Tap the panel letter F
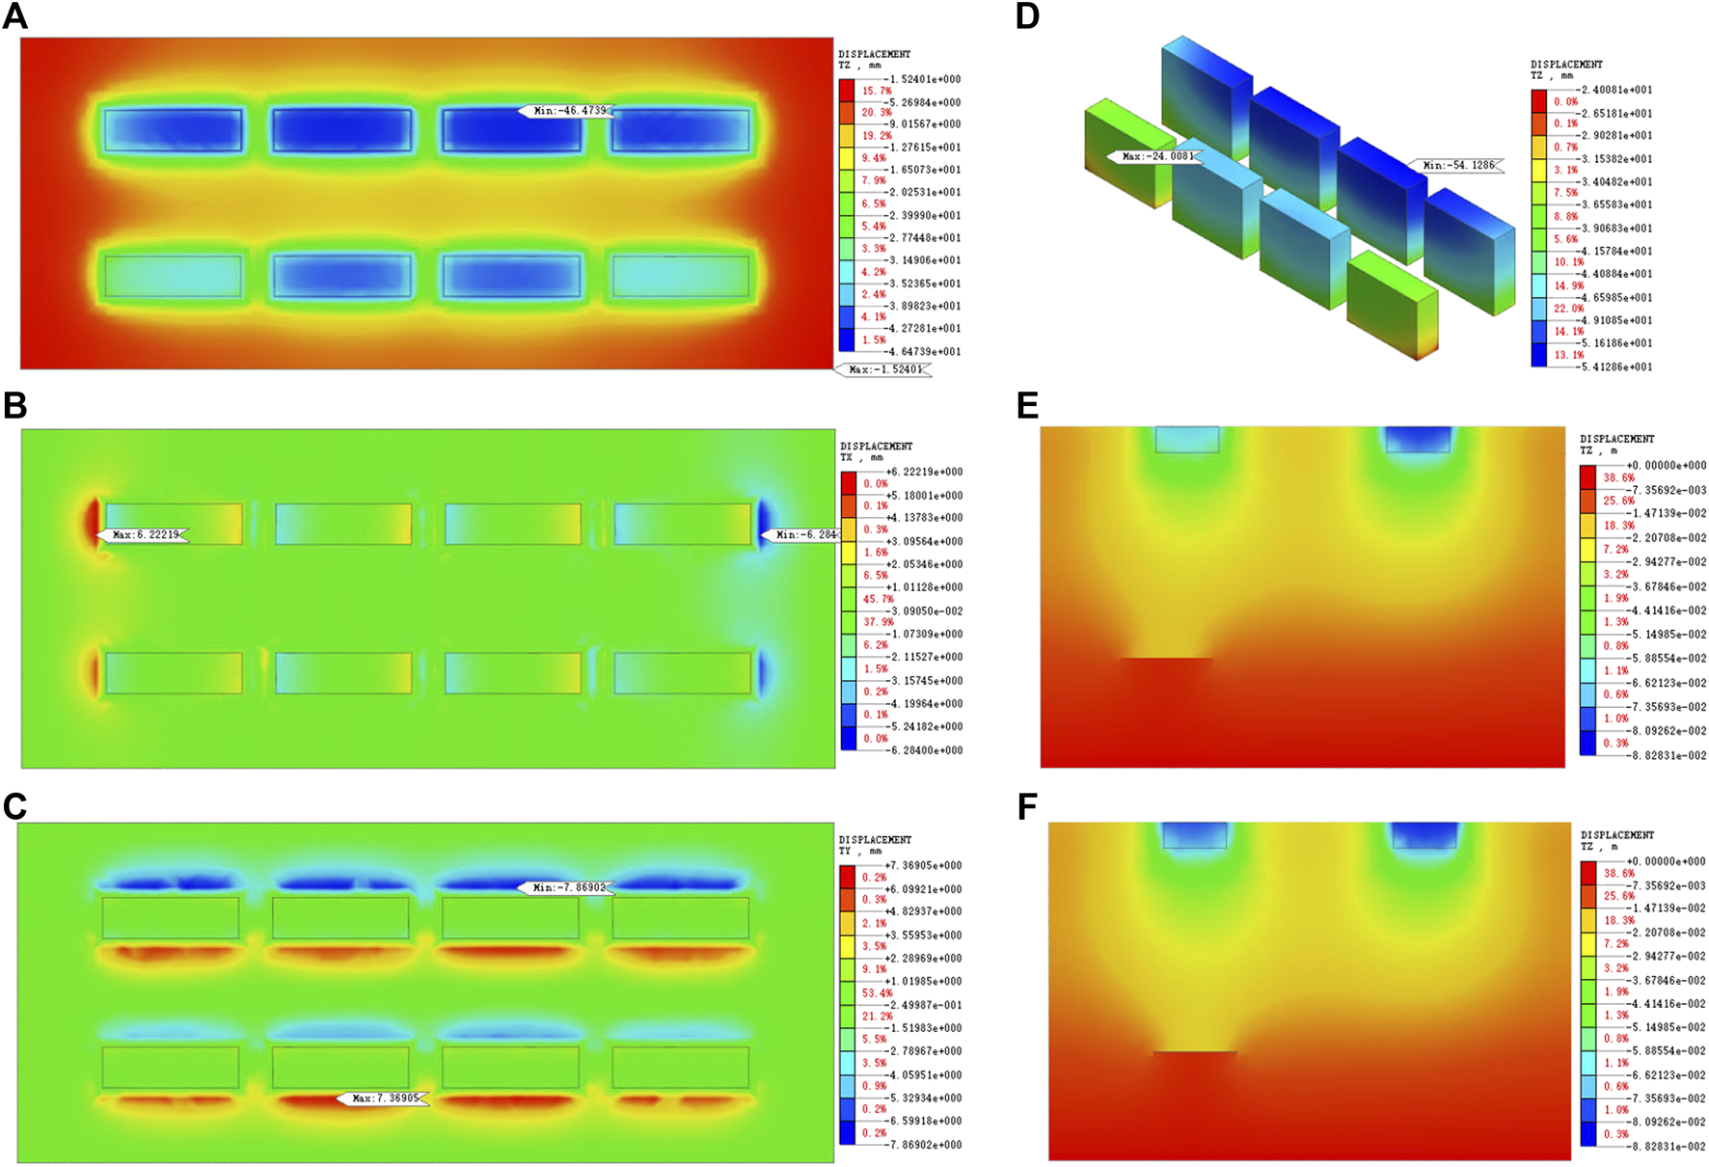(1027, 807)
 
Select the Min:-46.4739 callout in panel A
(567, 111)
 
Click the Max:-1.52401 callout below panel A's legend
(884, 369)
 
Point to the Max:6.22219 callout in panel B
(144, 534)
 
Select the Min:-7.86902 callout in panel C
(567, 887)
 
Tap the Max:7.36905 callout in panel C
(384, 1098)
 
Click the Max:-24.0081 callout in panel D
(1155, 156)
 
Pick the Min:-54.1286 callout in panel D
(1456, 165)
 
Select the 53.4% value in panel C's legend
(877, 992)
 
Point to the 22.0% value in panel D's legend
(1568, 309)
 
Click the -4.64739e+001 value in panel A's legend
(923, 352)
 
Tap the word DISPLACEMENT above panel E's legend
(1616, 439)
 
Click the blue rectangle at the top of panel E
(1418, 439)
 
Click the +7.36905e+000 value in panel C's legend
(924, 865)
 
